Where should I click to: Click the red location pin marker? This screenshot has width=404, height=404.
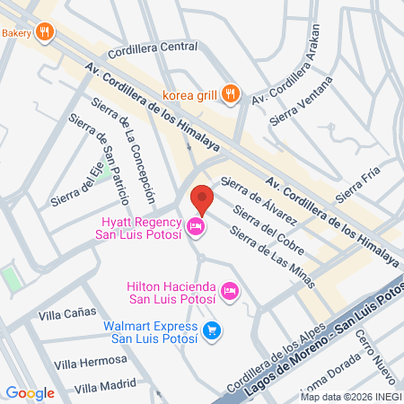[x=203, y=198]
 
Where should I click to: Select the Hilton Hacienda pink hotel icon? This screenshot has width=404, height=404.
[x=230, y=290]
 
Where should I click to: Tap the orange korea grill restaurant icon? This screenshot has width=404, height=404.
[x=232, y=92]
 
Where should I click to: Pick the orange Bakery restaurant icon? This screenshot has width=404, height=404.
[x=45, y=33]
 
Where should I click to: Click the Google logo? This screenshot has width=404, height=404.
[x=30, y=392]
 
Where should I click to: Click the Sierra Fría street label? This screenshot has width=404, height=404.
[x=352, y=185]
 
